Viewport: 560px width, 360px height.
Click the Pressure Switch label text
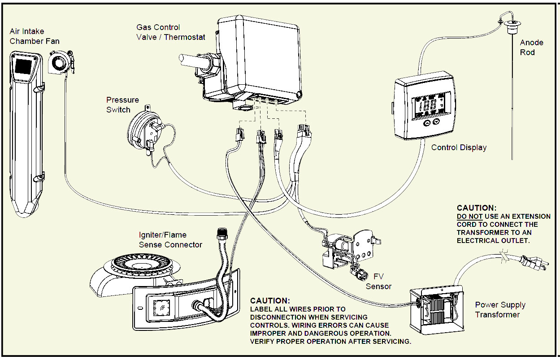122,105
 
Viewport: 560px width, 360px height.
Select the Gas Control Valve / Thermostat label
171,32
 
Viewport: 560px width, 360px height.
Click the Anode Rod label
531,48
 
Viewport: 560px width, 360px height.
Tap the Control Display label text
459,147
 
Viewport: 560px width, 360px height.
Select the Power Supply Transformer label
500,310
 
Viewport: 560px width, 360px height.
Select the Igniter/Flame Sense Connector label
170,240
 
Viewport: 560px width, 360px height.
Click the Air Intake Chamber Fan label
35,37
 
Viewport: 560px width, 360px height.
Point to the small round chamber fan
59,63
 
